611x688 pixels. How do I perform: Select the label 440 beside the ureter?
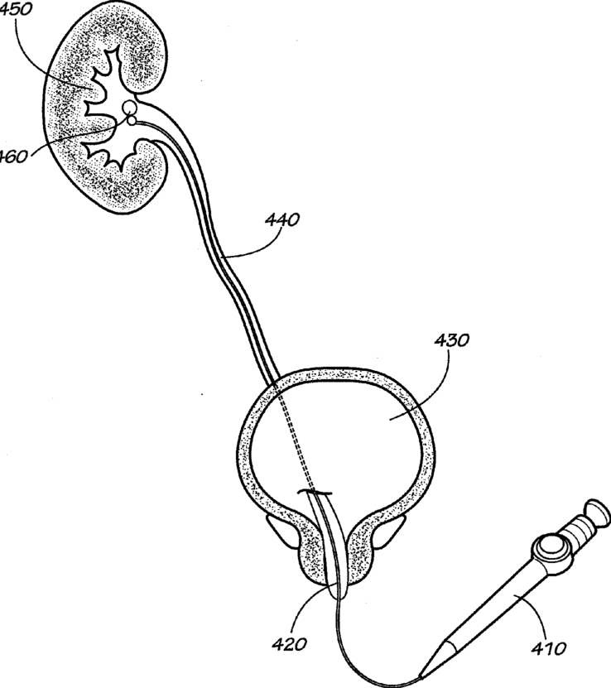tap(282, 221)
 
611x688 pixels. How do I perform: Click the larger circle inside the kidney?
tap(129, 108)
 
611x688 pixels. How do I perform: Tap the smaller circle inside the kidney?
tap(130, 122)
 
